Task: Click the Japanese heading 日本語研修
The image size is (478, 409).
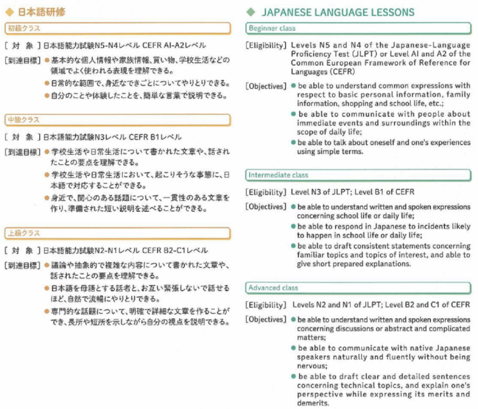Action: click(x=42, y=12)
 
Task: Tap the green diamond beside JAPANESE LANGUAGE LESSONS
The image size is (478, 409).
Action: click(x=252, y=12)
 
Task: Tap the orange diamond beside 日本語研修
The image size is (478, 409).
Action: click(x=8, y=12)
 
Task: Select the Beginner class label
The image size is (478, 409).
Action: click(x=272, y=29)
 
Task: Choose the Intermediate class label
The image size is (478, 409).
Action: click(x=279, y=175)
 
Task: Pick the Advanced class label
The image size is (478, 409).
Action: click(x=273, y=288)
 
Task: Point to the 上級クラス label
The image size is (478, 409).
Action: click(x=23, y=233)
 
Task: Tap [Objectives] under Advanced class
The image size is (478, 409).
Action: click(x=266, y=320)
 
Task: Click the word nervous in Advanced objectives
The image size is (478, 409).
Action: click(x=311, y=366)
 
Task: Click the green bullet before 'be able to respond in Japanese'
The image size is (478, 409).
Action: click(x=293, y=226)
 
